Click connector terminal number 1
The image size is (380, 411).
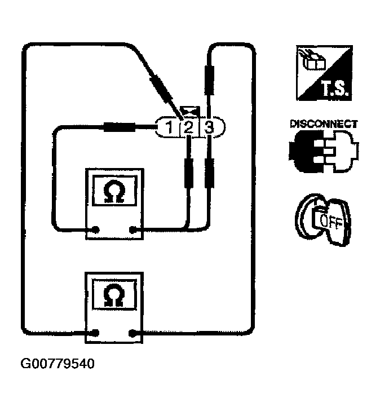168,128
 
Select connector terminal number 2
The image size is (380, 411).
188,128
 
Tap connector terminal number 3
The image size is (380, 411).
209,128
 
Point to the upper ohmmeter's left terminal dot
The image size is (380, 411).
95,229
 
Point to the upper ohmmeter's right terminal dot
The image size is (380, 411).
134,229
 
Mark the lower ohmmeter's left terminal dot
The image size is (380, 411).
95,333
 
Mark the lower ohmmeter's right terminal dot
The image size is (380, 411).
134,333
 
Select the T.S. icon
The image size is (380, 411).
324,73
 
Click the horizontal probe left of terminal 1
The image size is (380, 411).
120,127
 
